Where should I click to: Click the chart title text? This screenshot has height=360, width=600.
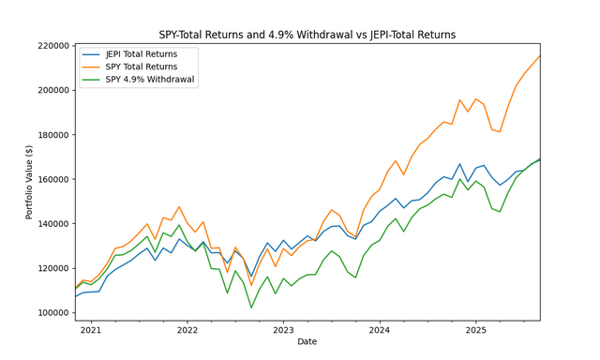pyautogui.click(x=307, y=35)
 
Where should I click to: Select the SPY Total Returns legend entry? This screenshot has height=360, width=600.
pyautogui.click(x=142, y=67)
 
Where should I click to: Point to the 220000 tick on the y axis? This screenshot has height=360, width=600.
pyautogui.click(x=52, y=45)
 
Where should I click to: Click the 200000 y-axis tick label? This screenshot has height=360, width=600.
pyautogui.click(x=52, y=90)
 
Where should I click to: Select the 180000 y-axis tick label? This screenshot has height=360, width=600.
pyautogui.click(x=52, y=134)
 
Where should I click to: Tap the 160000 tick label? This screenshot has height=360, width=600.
pyautogui.click(x=52, y=179)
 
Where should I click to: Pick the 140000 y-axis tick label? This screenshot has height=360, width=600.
pyautogui.click(x=52, y=223)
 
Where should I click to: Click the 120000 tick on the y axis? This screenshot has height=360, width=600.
pyautogui.click(x=52, y=268)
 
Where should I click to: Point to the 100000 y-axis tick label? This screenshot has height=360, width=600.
pyautogui.click(x=52, y=312)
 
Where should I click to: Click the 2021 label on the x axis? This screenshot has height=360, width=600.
pyautogui.click(x=91, y=330)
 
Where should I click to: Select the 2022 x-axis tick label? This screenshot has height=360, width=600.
pyautogui.click(x=187, y=330)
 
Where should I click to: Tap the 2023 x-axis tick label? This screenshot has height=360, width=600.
pyautogui.click(x=283, y=330)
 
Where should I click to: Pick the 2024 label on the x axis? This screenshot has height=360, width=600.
pyautogui.click(x=380, y=330)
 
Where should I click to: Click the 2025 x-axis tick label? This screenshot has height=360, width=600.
pyautogui.click(x=476, y=330)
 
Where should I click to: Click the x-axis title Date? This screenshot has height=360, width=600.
pyautogui.click(x=307, y=342)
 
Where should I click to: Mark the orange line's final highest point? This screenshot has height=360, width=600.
pyautogui.click(x=540, y=56)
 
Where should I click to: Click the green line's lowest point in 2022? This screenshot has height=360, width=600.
pyautogui.click(x=251, y=307)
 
